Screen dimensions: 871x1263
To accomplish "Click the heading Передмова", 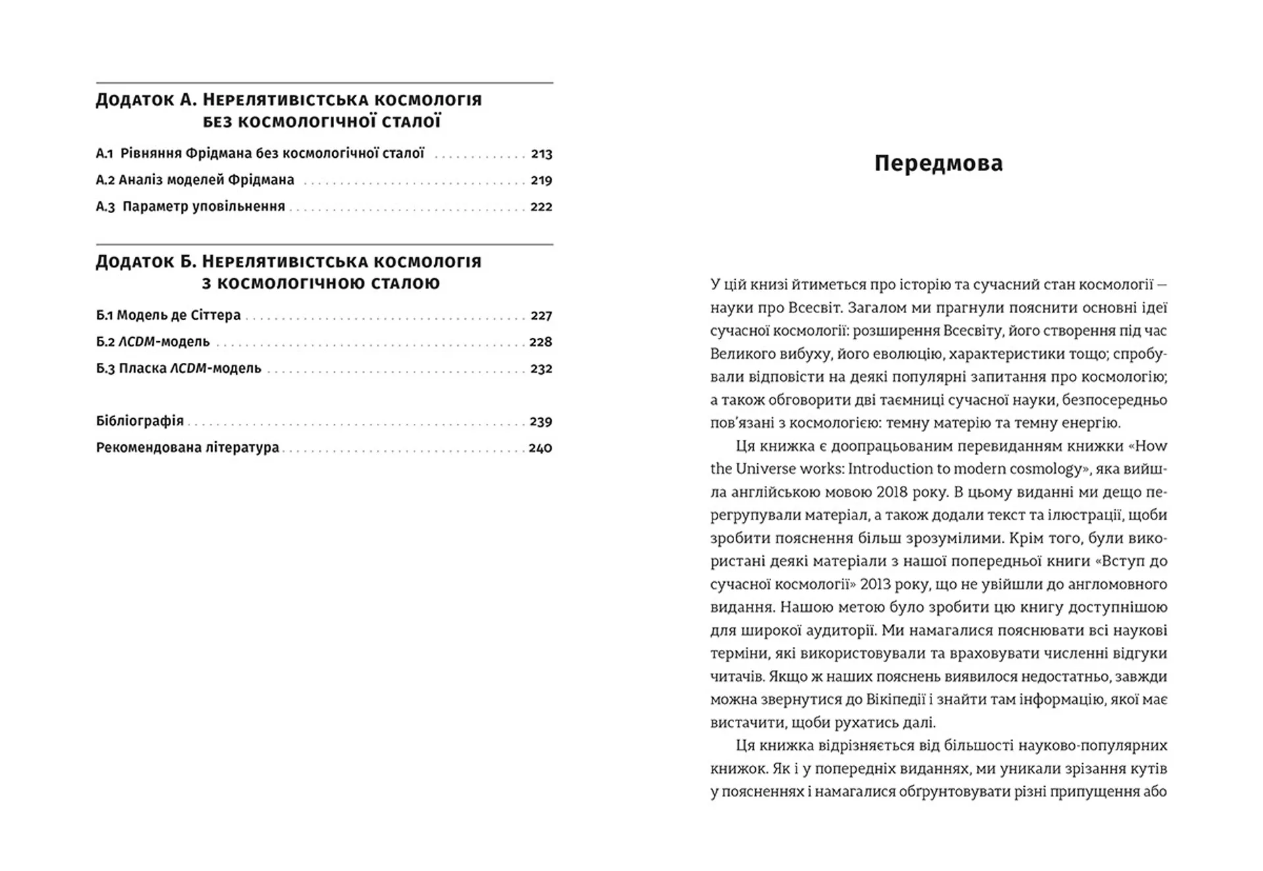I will (938, 163).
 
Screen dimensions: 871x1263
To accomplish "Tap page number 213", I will (541, 154).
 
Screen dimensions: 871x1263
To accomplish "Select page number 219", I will (541, 180).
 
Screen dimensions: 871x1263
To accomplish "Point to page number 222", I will (541, 206).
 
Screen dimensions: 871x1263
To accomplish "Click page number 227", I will (541, 316).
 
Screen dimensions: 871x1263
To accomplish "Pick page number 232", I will (541, 369).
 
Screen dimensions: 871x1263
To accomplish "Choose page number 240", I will (540, 448).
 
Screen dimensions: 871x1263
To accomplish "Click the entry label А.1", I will (105, 154).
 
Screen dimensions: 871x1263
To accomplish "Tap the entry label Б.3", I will (105, 369).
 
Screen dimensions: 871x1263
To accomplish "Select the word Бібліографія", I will (139, 421).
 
